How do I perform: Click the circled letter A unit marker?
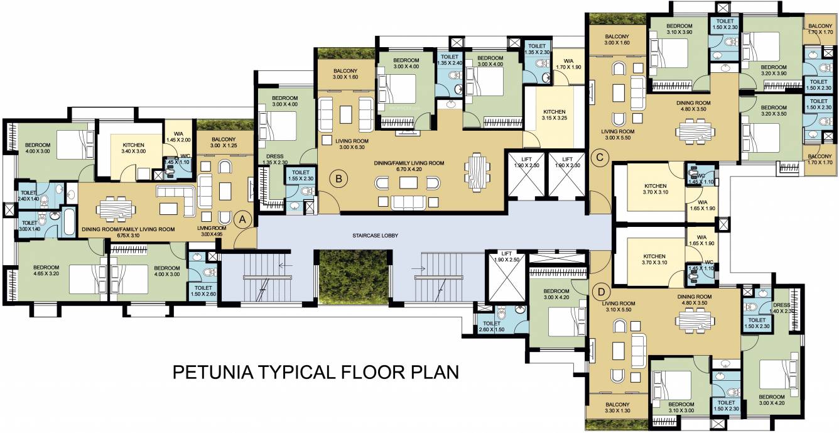tap(243, 219)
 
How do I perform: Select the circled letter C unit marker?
tap(600, 158)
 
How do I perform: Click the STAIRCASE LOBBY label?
tap(376, 236)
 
